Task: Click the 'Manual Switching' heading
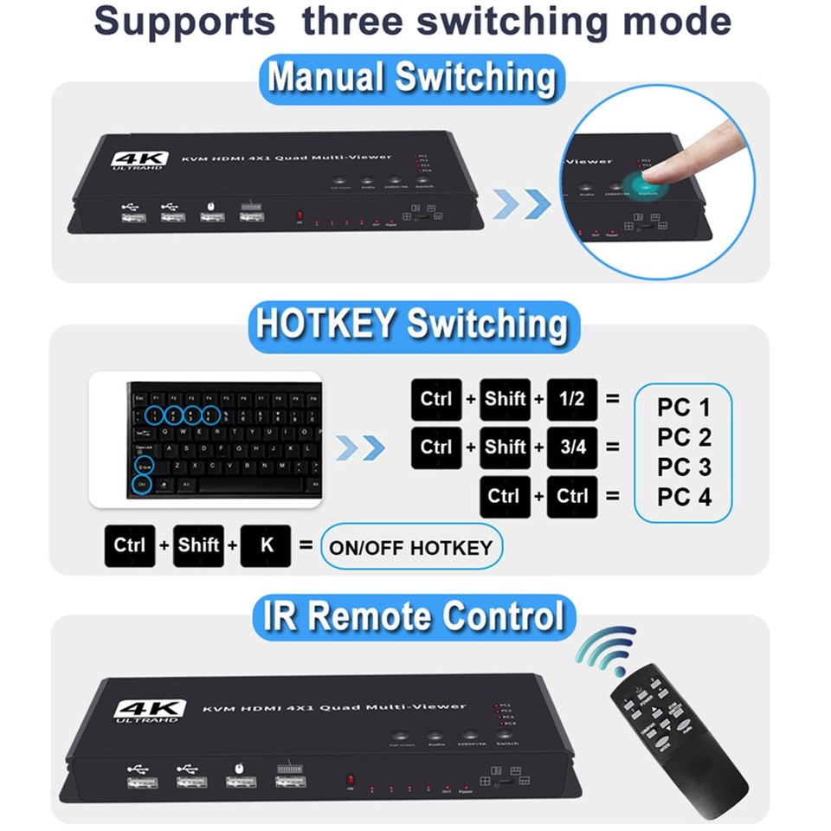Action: click(411, 79)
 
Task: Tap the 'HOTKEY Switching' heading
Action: click(413, 325)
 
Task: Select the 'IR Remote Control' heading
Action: click(413, 616)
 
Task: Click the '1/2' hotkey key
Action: click(572, 399)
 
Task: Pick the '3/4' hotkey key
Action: click(572, 448)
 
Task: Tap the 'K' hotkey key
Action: click(266, 546)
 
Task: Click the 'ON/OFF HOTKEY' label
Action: click(410, 547)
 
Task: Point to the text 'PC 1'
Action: click(683, 407)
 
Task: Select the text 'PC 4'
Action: click(683, 498)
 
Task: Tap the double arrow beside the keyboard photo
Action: click(360, 448)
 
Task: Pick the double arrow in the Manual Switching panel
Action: click(522, 203)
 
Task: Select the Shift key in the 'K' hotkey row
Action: click(198, 546)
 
